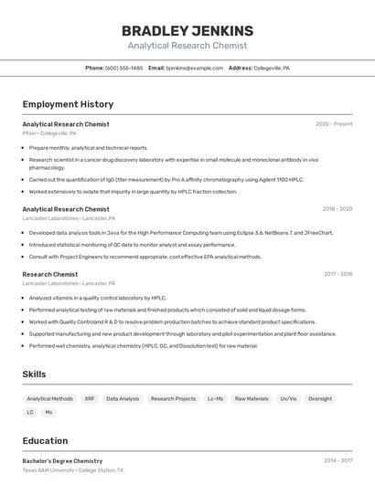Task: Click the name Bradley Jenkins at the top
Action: point(187,30)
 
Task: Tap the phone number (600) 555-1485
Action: point(123,68)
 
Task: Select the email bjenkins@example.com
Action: point(194,68)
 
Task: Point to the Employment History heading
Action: point(68,104)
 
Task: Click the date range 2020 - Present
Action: point(334,124)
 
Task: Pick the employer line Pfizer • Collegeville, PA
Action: point(49,133)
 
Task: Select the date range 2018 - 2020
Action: point(337,209)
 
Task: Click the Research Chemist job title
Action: point(50,274)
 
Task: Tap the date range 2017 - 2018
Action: point(337,274)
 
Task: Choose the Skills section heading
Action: point(35,374)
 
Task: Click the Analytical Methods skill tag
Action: point(49,399)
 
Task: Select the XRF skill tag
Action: point(90,399)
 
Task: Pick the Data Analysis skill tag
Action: point(123,399)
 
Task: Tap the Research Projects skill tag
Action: point(173,399)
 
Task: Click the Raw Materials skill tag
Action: point(252,399)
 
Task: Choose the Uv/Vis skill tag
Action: point(288,399)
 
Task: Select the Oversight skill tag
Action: point(320,399)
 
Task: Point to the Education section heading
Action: point(45,440)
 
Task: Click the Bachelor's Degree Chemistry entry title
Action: point(62,461)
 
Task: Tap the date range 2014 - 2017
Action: point(337,461)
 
